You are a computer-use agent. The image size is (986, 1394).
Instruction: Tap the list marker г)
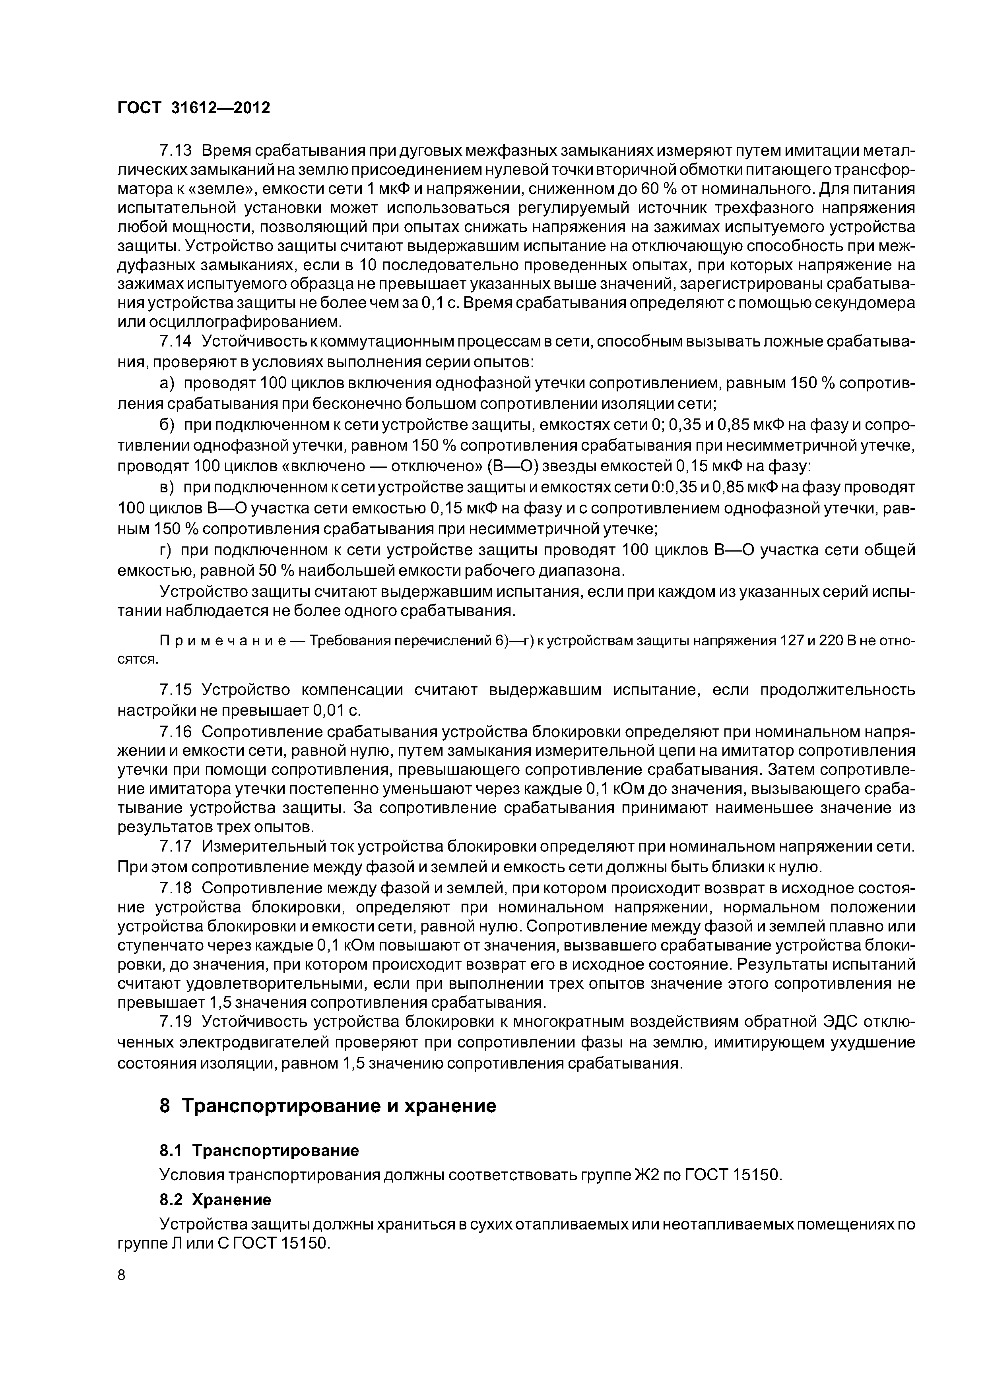166,550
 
